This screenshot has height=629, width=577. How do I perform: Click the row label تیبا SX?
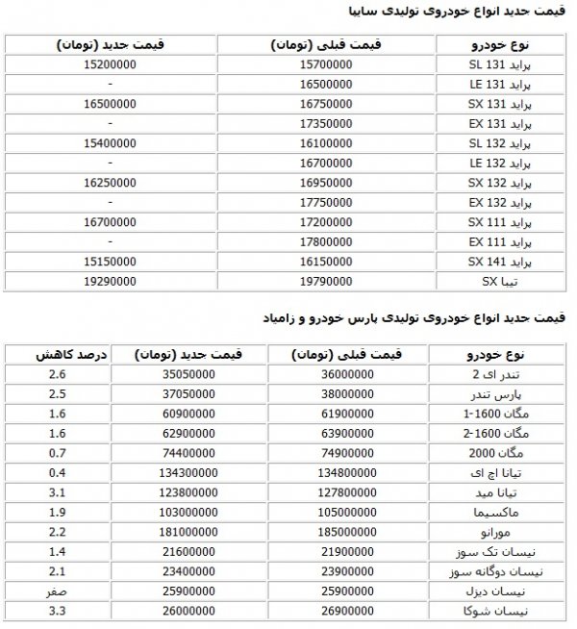[501, 282]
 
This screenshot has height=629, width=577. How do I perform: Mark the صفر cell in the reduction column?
[55, 591]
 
